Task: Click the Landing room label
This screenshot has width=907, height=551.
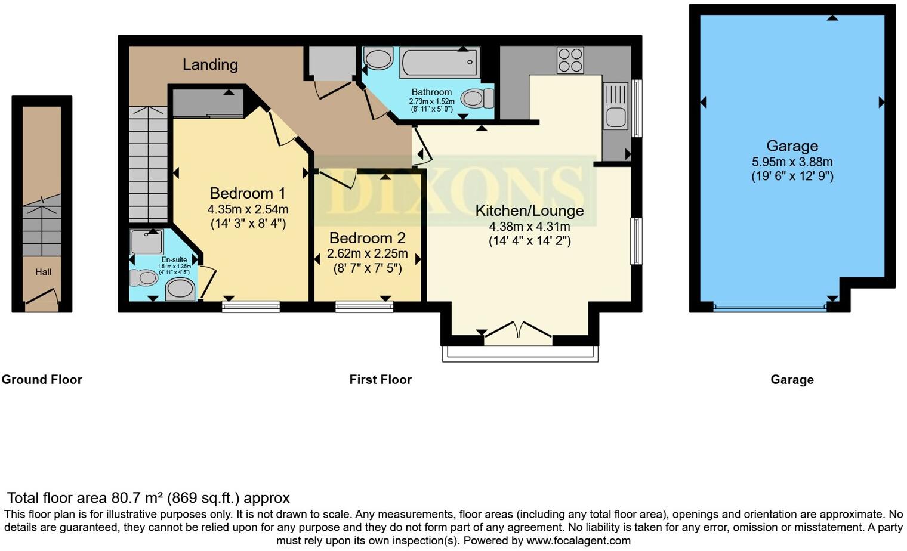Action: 210,64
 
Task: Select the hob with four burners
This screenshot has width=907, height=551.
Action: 570,60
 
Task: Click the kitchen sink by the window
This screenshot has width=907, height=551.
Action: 616,106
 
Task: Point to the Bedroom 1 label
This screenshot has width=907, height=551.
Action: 248,193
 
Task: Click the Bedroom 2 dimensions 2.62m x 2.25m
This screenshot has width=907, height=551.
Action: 368,253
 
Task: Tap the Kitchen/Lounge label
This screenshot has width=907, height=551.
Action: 529,211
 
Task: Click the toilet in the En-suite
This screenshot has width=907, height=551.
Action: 143,277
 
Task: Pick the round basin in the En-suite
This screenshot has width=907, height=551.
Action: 180,290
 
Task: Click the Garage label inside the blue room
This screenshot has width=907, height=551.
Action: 792,146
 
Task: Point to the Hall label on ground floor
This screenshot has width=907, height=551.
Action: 43,272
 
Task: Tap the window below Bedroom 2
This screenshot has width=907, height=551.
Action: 364,307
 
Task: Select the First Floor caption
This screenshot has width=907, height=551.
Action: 380,380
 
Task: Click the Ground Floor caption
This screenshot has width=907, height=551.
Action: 42,380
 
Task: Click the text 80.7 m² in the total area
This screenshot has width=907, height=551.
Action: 137,498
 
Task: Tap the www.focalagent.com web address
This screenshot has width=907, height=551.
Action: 578,541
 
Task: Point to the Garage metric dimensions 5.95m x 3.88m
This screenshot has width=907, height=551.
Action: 792,162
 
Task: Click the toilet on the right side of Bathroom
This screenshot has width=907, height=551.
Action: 477,98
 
